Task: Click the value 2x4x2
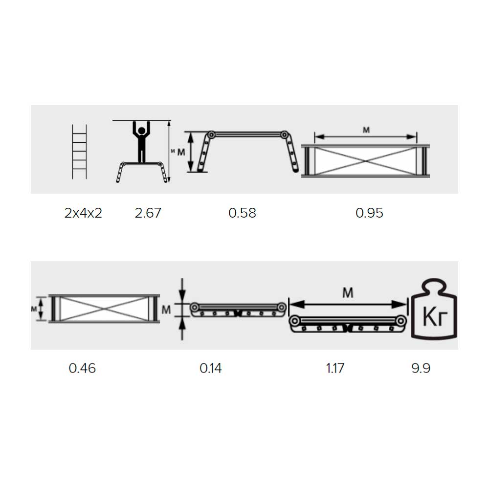pos(83,213)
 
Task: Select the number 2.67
pos(148,213)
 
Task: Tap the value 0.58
pos(242,213)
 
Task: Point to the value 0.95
pos(369,213)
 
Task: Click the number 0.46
pos(82,368)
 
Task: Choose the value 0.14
pos(210,368)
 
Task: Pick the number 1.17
pos(335,368)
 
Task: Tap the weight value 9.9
pos(421,368)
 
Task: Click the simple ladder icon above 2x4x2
pos(80,152)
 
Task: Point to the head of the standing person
pos(142,131)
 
